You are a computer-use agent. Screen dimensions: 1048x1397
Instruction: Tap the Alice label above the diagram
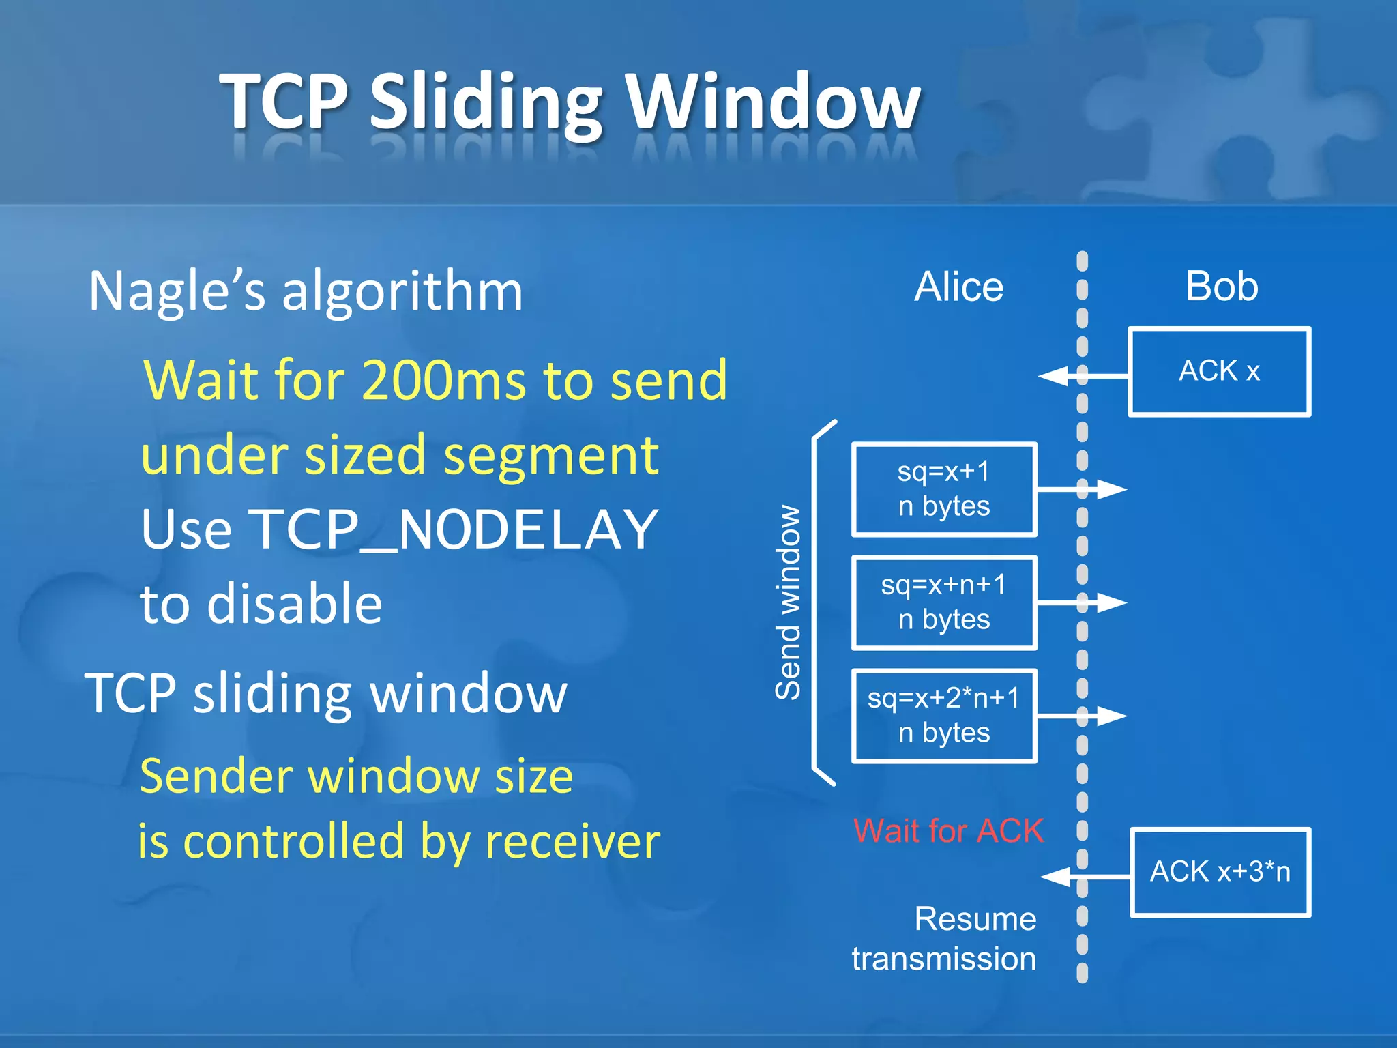click(x=958, y=287)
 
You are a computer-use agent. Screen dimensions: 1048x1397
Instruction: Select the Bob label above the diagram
click(x=1221, y=287)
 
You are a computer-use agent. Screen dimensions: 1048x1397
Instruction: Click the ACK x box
click(x=1219, y=372)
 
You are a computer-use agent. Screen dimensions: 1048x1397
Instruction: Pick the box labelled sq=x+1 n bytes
click(x=944, y=489)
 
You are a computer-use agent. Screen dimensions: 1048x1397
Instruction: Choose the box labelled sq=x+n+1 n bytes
click(x=944, y=602)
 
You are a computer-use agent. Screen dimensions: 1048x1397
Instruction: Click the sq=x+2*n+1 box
click(x=944, y=716)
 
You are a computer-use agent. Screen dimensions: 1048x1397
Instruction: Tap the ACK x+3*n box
click(x=1220, y=872)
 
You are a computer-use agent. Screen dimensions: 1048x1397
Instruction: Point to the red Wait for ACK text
click(x=948, y=831)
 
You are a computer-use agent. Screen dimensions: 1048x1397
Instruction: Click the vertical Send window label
click(x=789, y=602)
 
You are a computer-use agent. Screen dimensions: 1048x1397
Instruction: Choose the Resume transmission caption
click(x=944, y=938)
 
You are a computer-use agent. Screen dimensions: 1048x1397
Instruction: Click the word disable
click(x=295, y=604)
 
